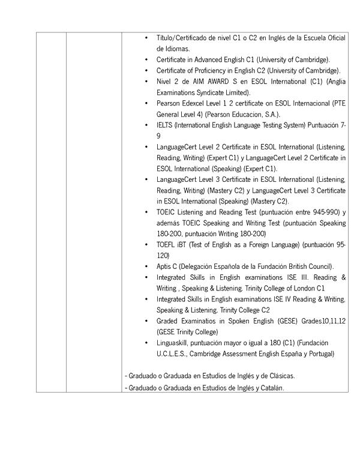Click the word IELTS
(164, 125)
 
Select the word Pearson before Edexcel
(167, 103)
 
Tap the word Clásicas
(280, 376)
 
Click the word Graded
(167, 321)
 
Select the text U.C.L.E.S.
(173, 354)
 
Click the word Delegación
(199, 266)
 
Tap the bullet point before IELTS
(147, 125)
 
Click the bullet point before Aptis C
(147, 266)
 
